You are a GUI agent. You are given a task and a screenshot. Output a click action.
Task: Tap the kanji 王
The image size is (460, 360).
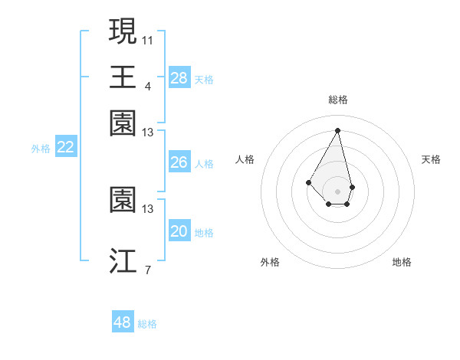(123, 77)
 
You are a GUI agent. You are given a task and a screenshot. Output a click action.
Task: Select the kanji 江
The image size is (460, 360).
(123, 261)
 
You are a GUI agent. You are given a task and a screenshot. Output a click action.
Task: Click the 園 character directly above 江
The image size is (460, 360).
(123, 201)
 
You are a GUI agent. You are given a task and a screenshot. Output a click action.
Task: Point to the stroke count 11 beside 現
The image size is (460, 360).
(148, 39)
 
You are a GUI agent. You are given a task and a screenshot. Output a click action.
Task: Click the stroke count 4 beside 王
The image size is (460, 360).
(148, 86)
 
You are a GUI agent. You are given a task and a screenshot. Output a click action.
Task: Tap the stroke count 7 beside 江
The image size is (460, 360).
(148, 269)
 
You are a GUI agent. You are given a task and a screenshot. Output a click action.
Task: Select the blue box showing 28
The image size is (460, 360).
(179, 78)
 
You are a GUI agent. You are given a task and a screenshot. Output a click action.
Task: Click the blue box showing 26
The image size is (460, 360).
(179, 163)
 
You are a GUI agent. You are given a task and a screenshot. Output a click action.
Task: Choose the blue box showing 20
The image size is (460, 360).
(179, 231)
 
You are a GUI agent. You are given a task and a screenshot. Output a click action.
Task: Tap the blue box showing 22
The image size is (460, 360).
(65, 148)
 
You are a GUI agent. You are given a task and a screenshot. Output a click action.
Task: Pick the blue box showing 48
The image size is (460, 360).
(123, 322)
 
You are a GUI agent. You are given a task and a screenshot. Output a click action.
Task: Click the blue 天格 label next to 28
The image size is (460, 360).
(204, 80)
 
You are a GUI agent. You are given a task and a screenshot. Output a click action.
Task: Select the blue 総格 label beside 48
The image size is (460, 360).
(147, 324)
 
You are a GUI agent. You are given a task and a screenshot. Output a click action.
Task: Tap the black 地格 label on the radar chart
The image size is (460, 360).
(402, 262)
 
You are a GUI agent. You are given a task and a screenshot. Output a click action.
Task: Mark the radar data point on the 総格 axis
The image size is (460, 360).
(337, 129)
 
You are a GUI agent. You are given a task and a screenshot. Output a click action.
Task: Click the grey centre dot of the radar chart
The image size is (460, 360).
(337, 190)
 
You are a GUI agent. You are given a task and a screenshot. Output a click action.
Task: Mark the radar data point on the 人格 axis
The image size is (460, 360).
(309, 182)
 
